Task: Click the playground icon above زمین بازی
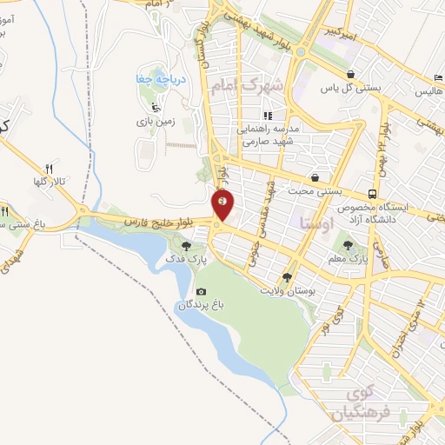coord(155,108)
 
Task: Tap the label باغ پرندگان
coord(202,305)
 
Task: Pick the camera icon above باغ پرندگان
coord(202,291)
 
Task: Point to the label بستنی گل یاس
coord(342,89)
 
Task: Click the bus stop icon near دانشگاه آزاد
coord(372,194)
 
